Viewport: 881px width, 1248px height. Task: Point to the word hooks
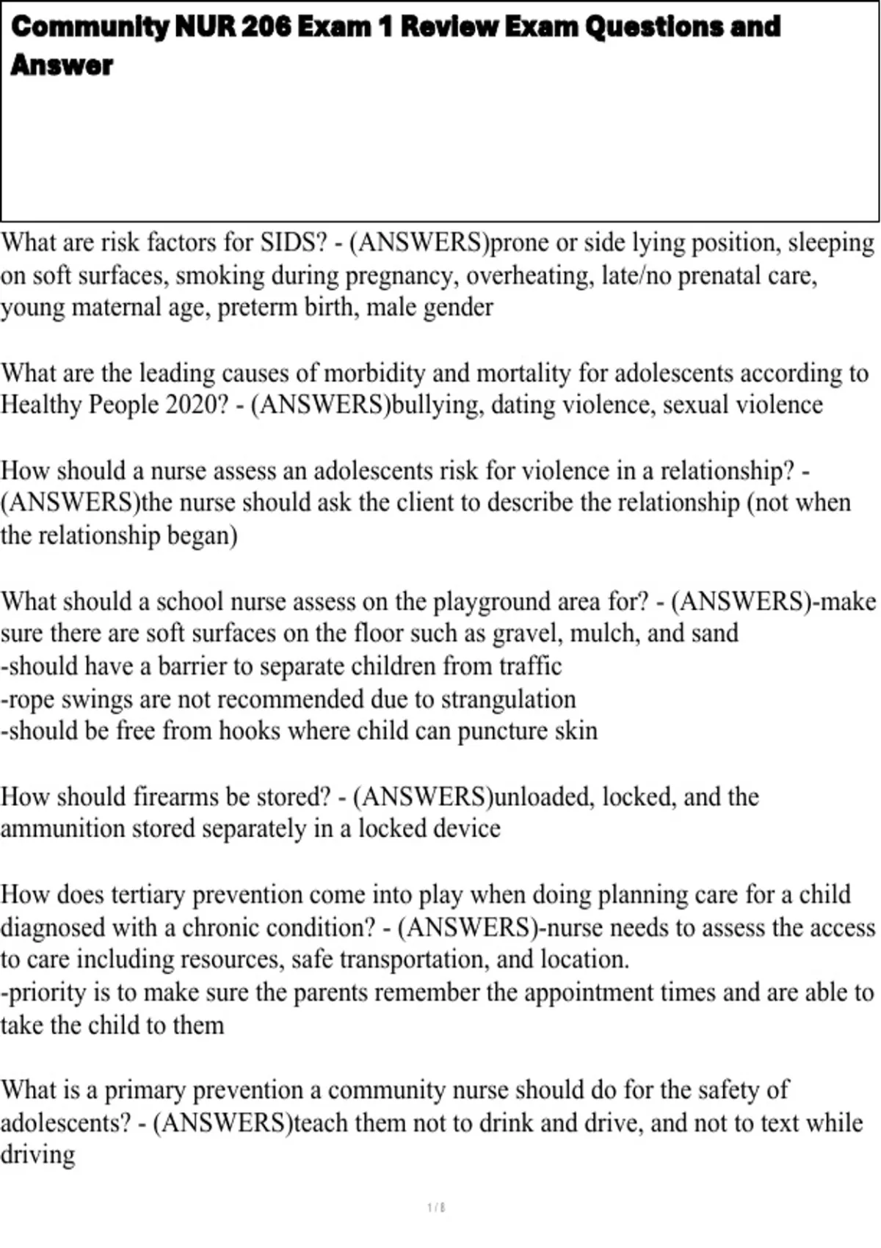coord(250,731)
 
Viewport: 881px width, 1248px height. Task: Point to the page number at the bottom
coord(436,1208)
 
